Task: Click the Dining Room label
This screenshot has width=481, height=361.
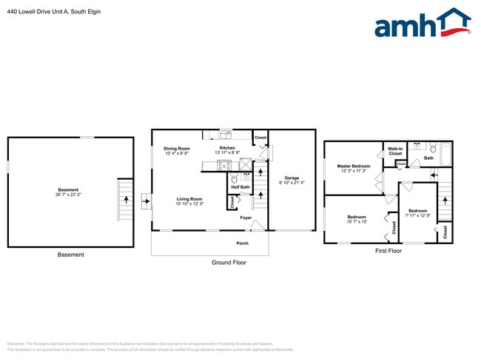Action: (x=177, y=149)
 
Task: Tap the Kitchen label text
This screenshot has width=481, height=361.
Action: (x=227, y=148)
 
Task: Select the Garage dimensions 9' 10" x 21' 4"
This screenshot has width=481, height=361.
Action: (x=292, y=182)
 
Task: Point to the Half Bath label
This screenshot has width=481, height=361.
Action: (x=240, y=187)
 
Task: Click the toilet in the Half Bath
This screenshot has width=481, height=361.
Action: (x=235, y=178)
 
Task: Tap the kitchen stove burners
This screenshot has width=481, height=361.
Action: (x=223, y=166)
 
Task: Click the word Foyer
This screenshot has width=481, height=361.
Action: (x=245, y=217)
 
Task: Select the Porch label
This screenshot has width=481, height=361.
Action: (x=242, y=243)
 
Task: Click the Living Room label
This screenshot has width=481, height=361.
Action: (x=189, y=199)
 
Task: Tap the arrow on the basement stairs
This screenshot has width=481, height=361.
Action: (x=125, y=200)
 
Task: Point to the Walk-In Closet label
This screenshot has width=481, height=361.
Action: (x=395, y=151)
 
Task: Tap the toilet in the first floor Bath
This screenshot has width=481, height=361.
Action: (x=432, y=146)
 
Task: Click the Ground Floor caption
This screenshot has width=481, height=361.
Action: (x=229, y=263)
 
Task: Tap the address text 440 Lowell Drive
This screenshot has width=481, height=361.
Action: (x=37, y=12)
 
